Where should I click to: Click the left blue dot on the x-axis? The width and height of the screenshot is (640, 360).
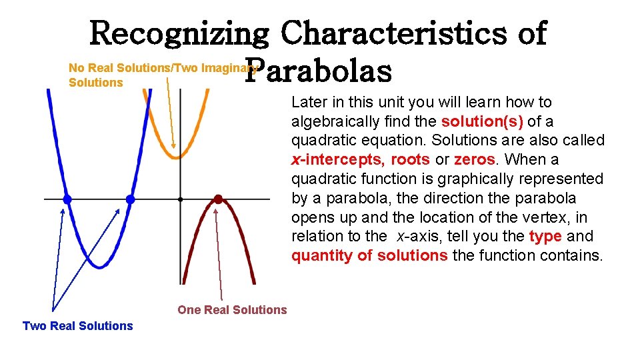coord(67,199)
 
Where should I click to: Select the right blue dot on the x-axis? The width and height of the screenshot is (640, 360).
coord(130,199)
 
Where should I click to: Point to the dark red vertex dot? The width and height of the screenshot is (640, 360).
coord(217,199)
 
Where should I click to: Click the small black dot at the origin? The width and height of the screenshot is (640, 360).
coord(181,199)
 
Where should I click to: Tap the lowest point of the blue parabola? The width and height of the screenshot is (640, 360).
coord(99,267)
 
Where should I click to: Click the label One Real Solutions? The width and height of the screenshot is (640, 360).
coord(232,310)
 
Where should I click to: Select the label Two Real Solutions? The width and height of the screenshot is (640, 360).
coord(77,326)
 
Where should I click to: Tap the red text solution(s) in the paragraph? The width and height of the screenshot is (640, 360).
coord(482,121)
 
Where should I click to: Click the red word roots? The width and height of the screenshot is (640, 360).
coord(410,160)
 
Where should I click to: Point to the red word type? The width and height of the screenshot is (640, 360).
coord(545,237)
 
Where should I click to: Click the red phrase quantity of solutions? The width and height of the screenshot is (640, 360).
coord(369,256)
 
